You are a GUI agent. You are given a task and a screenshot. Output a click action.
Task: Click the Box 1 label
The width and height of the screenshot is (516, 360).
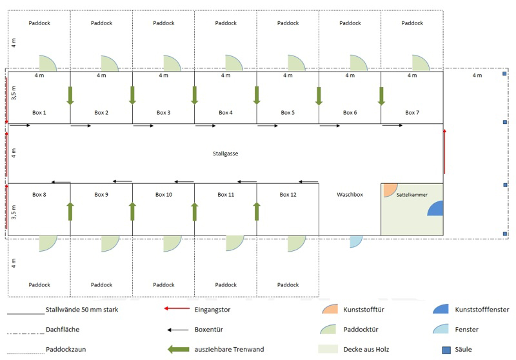(x=39, y=113)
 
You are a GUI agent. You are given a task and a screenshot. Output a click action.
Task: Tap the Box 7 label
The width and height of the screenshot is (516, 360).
(x=412, y=113)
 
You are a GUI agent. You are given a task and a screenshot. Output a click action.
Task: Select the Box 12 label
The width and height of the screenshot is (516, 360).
(x=288, y=194)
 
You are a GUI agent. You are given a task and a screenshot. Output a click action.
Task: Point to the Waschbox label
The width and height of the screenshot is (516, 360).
(x=350, y=194)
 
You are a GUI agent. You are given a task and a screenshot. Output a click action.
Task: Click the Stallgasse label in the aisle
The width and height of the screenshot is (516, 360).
(x=225, y=154)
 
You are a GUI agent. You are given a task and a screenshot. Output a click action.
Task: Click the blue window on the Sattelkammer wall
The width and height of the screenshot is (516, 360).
(x=436, y=208)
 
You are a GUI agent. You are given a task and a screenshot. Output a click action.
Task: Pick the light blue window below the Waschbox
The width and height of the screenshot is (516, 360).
(x=355, y=241)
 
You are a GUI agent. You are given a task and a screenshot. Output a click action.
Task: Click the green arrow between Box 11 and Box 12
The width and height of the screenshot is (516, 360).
(x=257, y=211)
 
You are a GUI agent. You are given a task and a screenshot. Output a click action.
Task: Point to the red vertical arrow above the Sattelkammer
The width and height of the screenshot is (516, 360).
(x=444, y=151)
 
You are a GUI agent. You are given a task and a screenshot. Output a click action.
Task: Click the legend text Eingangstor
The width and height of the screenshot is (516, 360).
(x=212, y=309)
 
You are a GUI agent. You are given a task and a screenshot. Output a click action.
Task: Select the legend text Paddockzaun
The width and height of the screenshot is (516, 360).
(x=66, y=350)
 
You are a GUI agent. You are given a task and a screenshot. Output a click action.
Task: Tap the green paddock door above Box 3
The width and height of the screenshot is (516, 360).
(x=171, y=63)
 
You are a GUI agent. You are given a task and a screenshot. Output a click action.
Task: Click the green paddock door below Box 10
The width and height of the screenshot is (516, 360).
(x=171, y=243)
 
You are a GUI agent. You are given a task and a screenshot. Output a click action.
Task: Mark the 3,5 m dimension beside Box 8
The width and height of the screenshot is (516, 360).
(x=15, y=210)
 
